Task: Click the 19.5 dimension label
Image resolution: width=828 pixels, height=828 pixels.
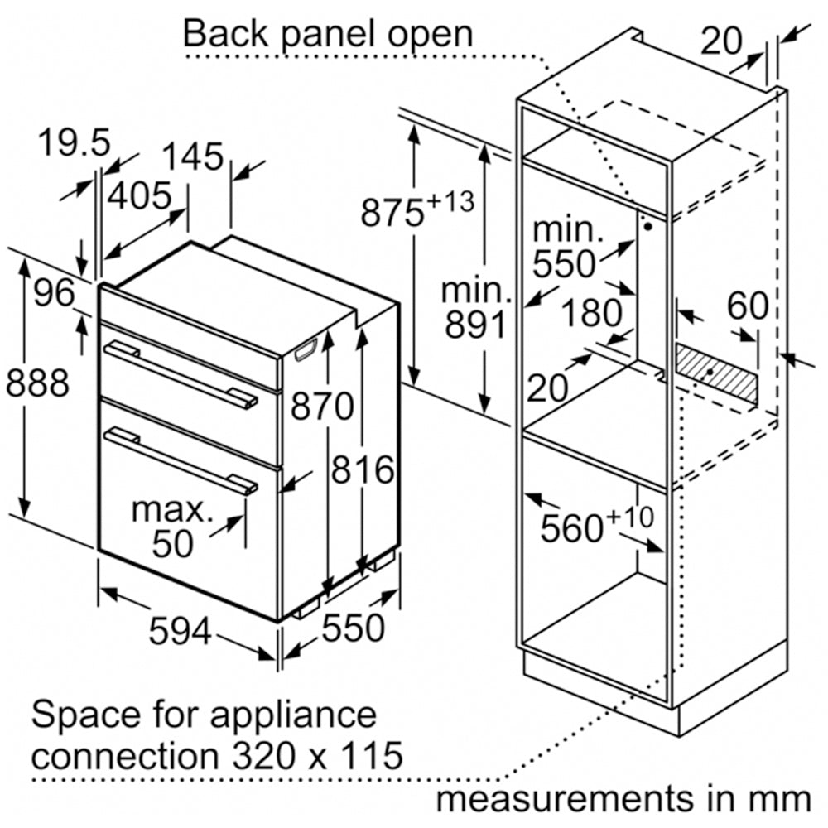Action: (75, 143)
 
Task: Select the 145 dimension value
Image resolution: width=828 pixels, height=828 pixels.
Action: (192, 156)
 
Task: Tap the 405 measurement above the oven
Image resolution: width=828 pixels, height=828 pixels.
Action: (140, 197)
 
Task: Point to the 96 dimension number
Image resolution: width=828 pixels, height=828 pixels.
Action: (54, 292)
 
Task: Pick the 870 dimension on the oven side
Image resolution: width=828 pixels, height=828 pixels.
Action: (322, 407)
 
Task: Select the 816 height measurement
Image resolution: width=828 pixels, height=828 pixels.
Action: (363, 470)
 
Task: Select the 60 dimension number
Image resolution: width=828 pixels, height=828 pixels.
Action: (748, 306)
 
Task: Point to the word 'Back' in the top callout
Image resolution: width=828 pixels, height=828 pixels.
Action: (222, 34)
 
